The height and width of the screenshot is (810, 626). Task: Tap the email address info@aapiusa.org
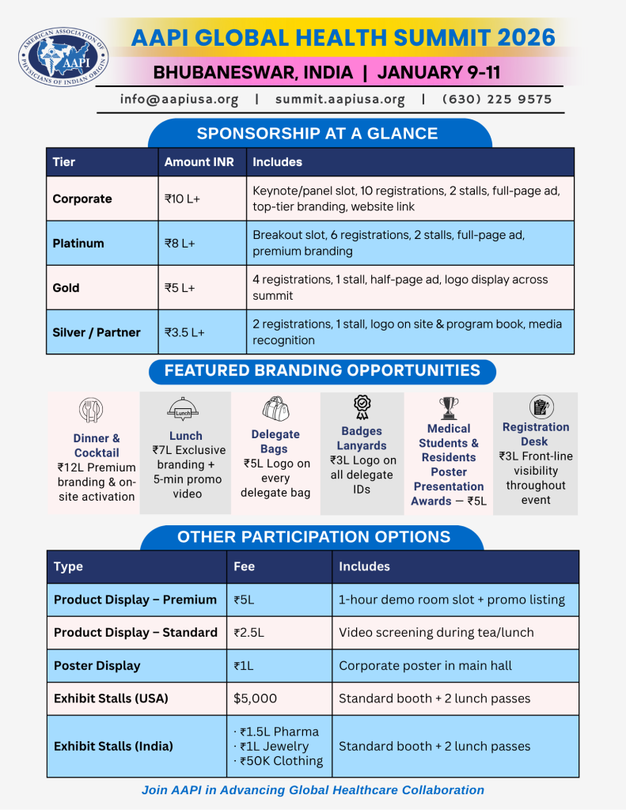coord(179,100)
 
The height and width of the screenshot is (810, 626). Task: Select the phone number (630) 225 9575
coord(496,100)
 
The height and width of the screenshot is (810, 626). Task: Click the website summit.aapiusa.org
coord(340,100)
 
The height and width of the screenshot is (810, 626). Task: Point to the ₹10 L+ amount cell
coord(182,199)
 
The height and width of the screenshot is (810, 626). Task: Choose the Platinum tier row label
coord(78,244)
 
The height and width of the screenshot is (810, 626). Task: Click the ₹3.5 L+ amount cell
coord(184,332)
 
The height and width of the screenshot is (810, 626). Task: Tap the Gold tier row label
coord(66,288)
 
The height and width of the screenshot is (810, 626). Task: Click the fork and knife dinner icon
coord(92,410)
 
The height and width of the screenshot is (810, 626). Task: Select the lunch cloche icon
coord(184,409)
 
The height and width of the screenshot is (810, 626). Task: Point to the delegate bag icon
coord(275,409)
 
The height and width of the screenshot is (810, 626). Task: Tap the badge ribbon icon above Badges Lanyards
coord(362,407)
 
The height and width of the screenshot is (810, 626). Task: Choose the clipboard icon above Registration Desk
coord(541,407)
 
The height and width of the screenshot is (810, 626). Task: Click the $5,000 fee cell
coord(255,698)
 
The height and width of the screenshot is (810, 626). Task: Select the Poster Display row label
coord(97,665)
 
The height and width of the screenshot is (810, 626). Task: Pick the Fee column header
coord(245,566)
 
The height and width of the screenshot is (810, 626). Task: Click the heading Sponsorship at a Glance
coord(317,134)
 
